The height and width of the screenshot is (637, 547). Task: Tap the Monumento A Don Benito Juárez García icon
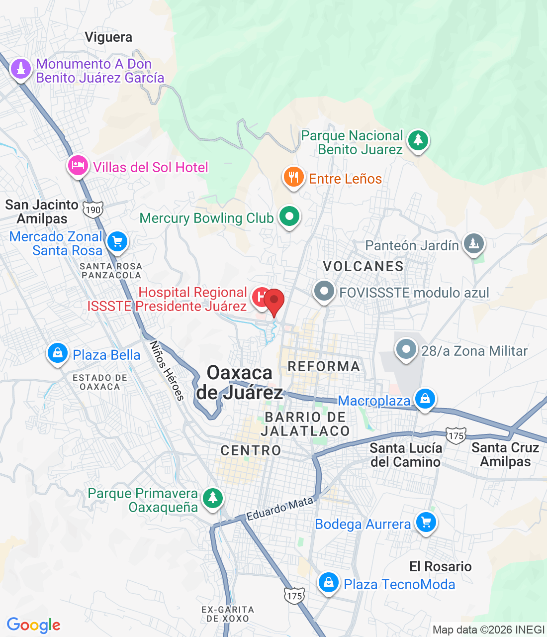coord(20,69)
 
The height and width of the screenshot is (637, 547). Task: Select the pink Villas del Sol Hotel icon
coord(78,166)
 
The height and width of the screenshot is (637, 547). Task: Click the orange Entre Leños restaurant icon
coord(293,177)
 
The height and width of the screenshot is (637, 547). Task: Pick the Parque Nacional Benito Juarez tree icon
coord(418,140)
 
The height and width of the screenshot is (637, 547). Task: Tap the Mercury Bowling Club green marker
coord(289,216)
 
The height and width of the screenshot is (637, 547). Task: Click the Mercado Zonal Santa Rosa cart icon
coord(117,242)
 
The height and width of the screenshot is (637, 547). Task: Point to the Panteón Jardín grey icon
coord(473,243)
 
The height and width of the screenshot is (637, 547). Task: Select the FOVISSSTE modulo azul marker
coord(324,291)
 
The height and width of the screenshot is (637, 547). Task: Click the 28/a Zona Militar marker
coord(406,349)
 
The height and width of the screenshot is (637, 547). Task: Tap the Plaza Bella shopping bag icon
coord(58,353)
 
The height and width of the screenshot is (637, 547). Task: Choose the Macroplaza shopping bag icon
coord(425,399)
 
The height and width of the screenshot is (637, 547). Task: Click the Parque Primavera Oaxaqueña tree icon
coord(213,497)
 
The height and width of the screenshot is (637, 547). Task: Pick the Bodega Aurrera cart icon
coord(426,523)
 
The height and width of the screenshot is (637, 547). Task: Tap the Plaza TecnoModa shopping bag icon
coord(328,582)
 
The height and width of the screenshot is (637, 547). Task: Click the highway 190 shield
coord(93,210)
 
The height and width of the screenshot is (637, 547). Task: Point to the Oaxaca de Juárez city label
coord(240,383)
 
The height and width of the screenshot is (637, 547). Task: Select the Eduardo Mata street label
coord(280,508)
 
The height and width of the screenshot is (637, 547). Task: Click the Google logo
coord(33,625)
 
